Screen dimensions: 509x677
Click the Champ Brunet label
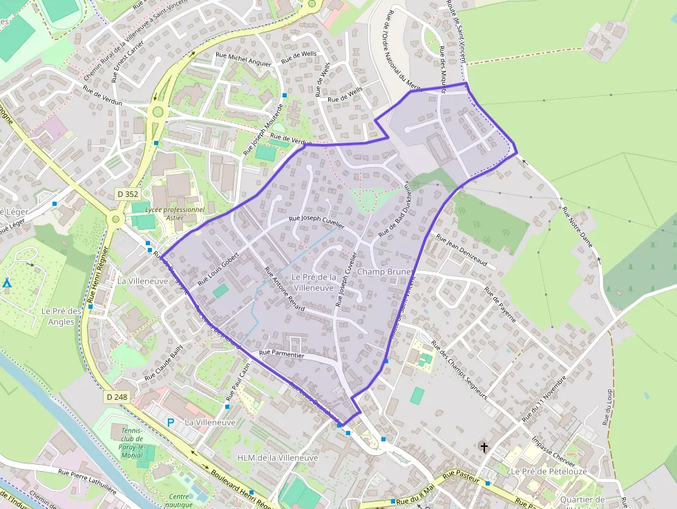coord(384,272)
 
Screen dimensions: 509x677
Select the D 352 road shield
coord(128,195)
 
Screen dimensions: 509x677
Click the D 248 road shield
coord(117,397)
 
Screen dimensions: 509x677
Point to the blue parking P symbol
coord(171,422)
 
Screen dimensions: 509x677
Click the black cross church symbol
coord(484,448)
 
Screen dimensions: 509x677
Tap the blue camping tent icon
coord(7,283)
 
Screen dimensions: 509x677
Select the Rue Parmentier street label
coord(281,354)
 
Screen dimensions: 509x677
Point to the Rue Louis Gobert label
coord(218,269)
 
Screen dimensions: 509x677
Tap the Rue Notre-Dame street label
coord(578,227)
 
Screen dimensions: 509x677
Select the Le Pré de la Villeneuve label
coord(314,282)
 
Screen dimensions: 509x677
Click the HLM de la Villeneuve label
coord(277,458)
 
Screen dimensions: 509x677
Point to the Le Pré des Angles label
coord(61,316)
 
